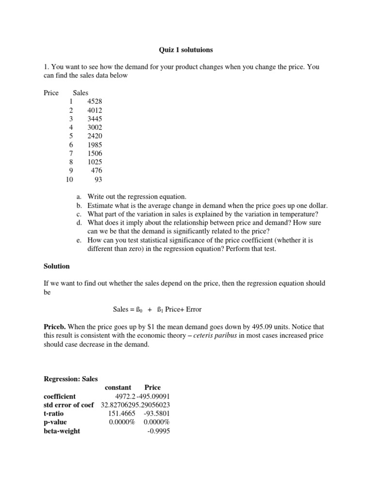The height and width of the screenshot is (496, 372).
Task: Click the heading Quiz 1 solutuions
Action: pos(186,50)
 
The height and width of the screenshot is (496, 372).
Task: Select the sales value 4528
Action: pos(95,101)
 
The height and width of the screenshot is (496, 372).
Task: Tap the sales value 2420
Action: pos(95,136)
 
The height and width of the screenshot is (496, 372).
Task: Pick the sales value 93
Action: pos(98,179)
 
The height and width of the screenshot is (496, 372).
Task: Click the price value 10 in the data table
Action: pos(69,179)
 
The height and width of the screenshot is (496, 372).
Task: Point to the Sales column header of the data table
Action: pos(81,93)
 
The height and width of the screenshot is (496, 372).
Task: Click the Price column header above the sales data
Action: pos(51,93)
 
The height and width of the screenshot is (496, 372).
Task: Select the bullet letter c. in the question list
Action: pos(79,214)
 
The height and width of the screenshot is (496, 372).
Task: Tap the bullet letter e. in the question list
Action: pos(79,240)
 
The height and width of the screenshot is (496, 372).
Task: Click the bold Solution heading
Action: pos(57,266)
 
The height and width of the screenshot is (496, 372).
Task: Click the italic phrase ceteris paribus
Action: pos(225,335)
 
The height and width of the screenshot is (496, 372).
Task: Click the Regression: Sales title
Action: pos(71,379)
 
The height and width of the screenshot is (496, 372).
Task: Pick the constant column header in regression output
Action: pos(118,387)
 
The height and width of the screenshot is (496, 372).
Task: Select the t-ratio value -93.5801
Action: pos(156,414)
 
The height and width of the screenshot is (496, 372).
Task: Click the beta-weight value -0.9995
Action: pos(158,431)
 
